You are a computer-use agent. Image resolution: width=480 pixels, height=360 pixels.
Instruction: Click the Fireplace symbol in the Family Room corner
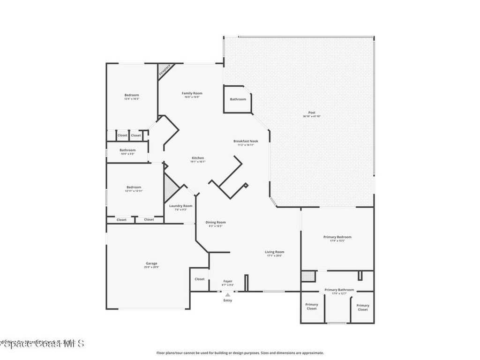(x=164, y=70)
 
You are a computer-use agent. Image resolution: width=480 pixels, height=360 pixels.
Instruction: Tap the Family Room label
(x=192, y=93)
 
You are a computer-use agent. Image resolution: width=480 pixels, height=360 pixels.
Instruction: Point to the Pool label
(x=311, y=113)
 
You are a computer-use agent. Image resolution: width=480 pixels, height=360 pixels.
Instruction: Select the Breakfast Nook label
(x=246, y=141)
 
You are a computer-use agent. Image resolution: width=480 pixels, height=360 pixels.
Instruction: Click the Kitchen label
(x=198, y=158)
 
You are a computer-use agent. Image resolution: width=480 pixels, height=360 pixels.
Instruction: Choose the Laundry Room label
(x=180, y=206)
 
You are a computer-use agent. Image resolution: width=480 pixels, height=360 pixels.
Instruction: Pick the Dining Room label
(x=216, y=222)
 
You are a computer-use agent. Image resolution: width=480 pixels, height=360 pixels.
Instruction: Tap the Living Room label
(x=275, y=252)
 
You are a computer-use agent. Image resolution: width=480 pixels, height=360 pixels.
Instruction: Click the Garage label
(x=151, y=263)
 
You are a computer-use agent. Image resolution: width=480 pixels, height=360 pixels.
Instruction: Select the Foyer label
(x=228, y=281)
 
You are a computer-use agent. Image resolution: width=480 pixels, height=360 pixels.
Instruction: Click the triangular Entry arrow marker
(x=228, y=295)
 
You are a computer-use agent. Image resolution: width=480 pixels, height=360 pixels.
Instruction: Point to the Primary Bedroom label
(x=337, y=237)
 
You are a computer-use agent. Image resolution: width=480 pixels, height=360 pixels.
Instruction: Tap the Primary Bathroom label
(x=339, y=290)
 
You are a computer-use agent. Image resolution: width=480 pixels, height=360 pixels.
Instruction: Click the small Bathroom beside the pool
(x=238, y=99)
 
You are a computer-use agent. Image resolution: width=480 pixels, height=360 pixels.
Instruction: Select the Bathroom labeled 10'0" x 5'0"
(x=127, y=150)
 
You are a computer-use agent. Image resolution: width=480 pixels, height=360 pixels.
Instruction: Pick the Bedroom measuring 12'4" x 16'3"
(x=132, y=96)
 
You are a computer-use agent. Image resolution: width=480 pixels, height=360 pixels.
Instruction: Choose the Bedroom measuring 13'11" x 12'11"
(x=134, y=187)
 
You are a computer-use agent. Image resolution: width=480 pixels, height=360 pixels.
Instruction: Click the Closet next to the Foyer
(x=200, y=279)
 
